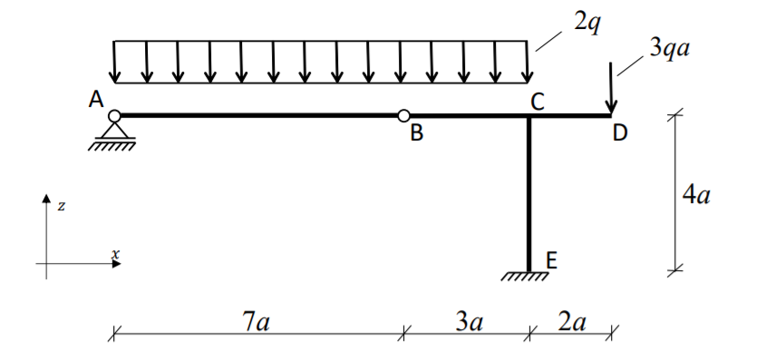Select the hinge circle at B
404,115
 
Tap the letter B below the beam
416,135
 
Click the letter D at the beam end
619,134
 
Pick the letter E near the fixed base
552,262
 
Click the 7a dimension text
256,321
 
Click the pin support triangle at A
113,130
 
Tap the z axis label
61,207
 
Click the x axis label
115,255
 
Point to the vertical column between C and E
528,190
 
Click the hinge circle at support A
113,115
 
